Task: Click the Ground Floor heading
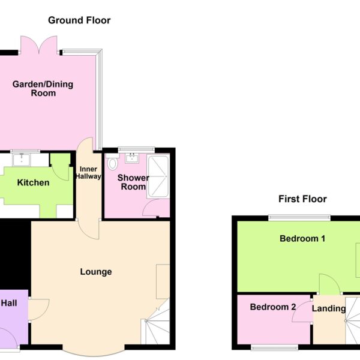tap(79, 20)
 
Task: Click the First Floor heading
tap(302, 199)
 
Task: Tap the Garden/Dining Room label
tap(43, 89)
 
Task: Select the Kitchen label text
tap(33, 183)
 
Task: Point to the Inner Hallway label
tap(88, 173)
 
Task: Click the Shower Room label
tap(133, 182)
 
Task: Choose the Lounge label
tap(96, 272)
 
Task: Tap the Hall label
tap(9, 303)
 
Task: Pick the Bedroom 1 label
tap(302, 239)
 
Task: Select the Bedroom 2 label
tap(273, 307)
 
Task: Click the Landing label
tap(329, 308)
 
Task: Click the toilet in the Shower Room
tap(113, 162)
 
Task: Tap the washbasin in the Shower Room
tap(132, 158)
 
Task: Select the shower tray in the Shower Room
tap(158, 177)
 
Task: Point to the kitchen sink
tap(22, 160)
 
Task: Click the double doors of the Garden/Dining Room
tap(38, 45)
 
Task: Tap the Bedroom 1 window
tap(299, 217)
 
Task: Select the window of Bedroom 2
tap(275, 348)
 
